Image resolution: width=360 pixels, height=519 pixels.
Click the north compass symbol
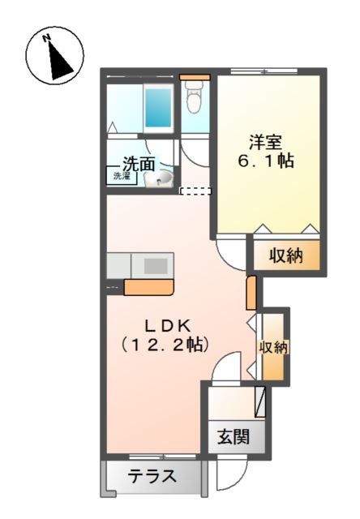pos(54,54)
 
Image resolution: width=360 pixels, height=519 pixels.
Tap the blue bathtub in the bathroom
pos(156,106)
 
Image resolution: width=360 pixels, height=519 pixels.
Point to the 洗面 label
pos(139,164)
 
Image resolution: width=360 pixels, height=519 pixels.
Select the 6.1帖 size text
pos(266,161)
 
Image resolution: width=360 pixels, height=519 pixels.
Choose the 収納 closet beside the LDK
pos(273,347)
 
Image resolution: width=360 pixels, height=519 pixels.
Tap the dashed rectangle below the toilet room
pos(195,191)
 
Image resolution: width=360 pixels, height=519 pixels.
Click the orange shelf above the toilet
pos(195,78)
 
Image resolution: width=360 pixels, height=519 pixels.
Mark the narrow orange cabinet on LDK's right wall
pos(251,293)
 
